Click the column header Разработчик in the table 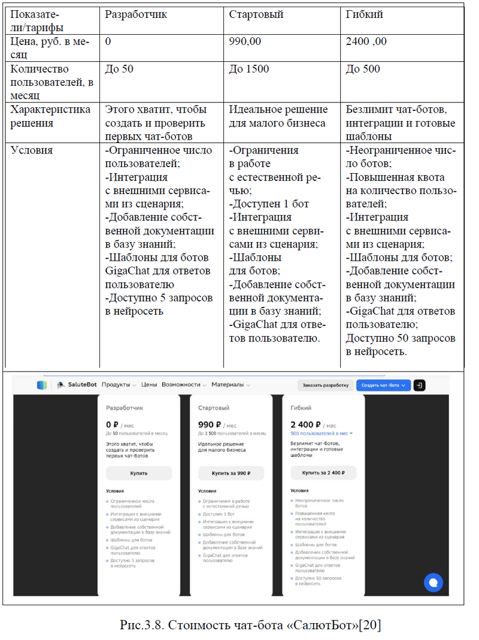pyautogui.click(x=136, y=14)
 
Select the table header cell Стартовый pyautogui.click(x=256, y=14)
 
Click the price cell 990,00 pyautogui.click(x=245, y=41)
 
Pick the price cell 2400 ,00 pyautogui.click(x=366, y=41)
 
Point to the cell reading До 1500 pyautogui.click(x=249, y=69)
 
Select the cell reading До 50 pyautogui.click(x=119, y=69)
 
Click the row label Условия pyautogui.click(x=32, y=150)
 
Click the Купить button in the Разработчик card pyautogui.click(x=138, y=473)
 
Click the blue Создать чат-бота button pyautogui.click(x=383, y=385)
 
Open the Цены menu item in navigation pyautogui.click(x=149, y=385)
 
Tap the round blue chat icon pyautogui.click(x=433, y=581)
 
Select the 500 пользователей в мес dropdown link pyautogui.click(x=321, y=433)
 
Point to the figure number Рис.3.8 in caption pyautogui.click(x=141, y=625)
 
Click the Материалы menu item pyautogui.click(x=227, y=385)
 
